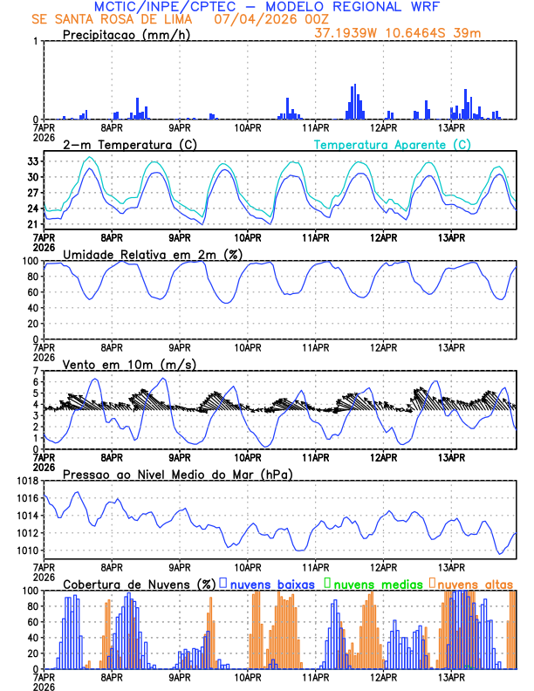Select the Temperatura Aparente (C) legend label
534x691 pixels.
(393, 144)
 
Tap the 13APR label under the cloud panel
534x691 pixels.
(451, 676)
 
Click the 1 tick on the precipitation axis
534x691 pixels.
(36, 42)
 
